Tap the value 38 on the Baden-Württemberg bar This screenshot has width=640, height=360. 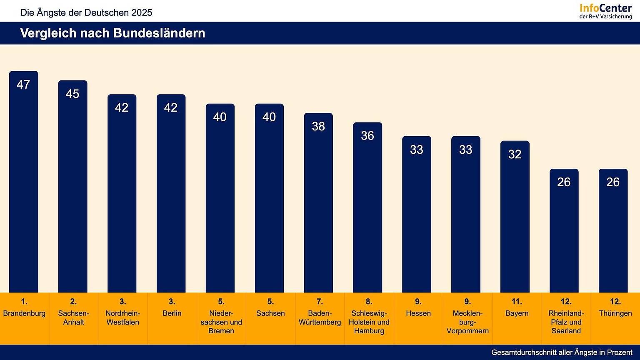318,126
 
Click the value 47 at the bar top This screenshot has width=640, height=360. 23,85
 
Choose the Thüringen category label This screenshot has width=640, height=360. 615,313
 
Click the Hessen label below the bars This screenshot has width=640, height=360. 418,313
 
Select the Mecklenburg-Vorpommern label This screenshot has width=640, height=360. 467,322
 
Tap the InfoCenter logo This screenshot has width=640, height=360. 606,11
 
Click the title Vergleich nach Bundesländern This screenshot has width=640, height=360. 112,33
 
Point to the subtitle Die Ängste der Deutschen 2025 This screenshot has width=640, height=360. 86,12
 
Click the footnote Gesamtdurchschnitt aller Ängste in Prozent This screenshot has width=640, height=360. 562,352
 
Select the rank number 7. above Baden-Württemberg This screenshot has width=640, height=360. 320,302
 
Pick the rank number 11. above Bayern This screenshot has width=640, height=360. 517,302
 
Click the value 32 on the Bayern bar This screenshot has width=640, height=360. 515,155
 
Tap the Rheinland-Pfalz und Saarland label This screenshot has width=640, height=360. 566,322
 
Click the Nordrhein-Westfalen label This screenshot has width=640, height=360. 122,317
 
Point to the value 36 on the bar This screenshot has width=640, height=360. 367,136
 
